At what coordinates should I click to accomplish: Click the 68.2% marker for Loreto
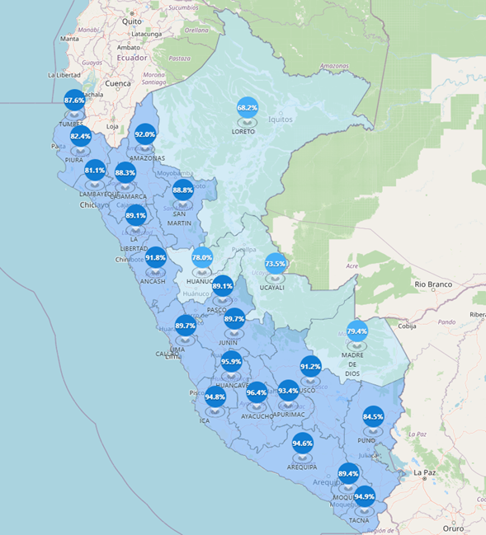[247, 107]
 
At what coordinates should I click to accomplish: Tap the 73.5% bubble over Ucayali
[276, 264]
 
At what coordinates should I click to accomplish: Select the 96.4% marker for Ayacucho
[257, 392]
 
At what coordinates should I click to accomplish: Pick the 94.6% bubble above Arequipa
[303, 443]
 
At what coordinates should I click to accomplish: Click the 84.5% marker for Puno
[373, 416]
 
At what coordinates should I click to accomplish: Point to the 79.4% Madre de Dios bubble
[356, 331]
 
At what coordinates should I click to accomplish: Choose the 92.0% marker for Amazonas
[145, 134]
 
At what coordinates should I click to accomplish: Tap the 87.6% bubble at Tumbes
[74, 101]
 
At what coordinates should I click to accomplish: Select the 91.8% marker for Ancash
[155, 257]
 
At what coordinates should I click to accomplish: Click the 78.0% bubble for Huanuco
[202, 257]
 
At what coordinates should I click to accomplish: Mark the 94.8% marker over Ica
[215, 397]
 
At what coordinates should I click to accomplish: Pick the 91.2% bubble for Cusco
[310, 366]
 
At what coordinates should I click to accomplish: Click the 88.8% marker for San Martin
[183, 190]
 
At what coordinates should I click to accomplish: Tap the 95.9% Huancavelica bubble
[231, 361]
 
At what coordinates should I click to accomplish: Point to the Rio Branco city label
[436, 284]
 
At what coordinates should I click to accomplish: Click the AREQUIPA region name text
[301, 467]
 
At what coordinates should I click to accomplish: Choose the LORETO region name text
[243, 131]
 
